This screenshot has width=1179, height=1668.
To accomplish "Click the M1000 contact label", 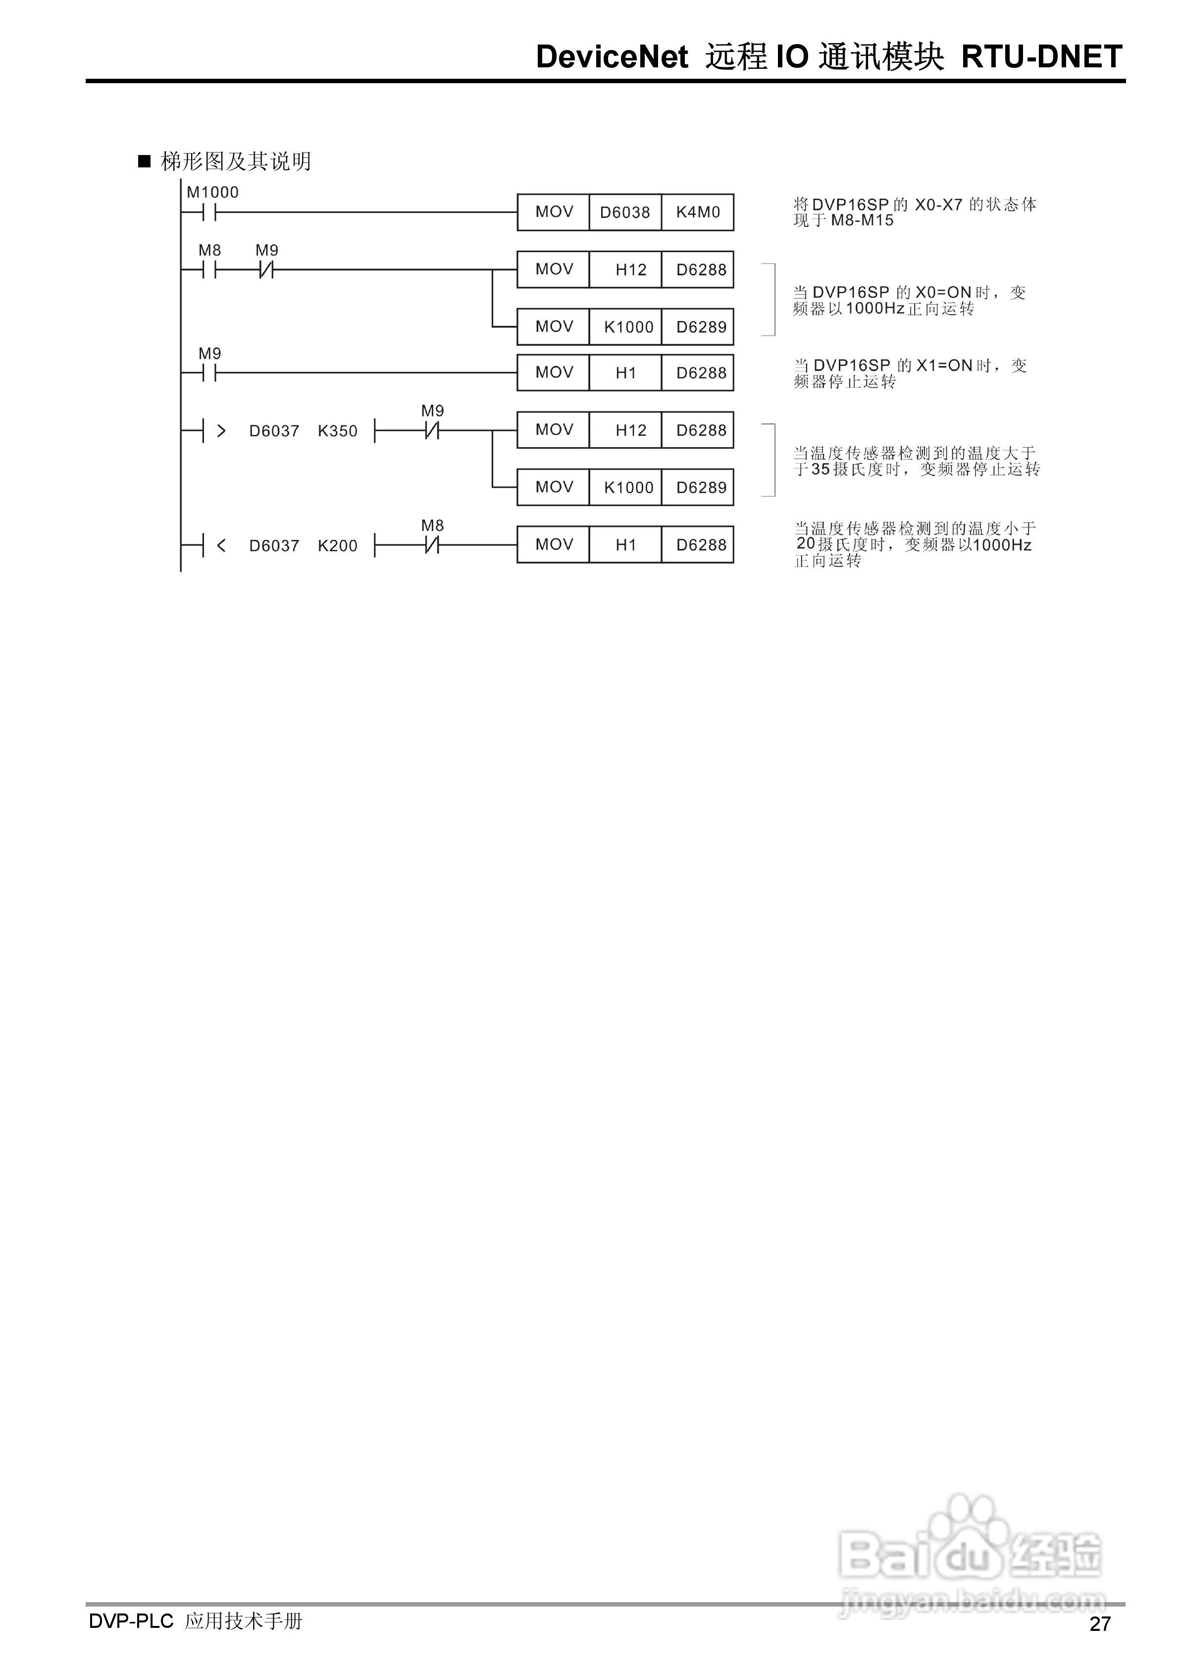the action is pos(212,193).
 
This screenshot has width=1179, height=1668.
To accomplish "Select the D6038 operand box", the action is pos(625,212).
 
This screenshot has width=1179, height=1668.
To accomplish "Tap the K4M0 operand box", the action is pos(697,212).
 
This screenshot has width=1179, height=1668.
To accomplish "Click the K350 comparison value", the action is pos(338,431).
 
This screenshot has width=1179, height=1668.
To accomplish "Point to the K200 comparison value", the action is pos(338,546).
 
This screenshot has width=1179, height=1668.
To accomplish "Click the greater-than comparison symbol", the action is pos(221,431).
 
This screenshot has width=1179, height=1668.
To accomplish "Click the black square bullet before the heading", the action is pos(144,161).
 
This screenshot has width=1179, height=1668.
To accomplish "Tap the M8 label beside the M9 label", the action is pos(210,251).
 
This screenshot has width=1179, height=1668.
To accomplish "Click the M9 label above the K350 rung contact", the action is pos(432,411).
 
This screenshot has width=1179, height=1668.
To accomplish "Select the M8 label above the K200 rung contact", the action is pos(432,525).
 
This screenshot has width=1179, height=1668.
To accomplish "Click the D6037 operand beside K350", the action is pos(274,431).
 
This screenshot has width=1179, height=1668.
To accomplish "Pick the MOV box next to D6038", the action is pos(554,212).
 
